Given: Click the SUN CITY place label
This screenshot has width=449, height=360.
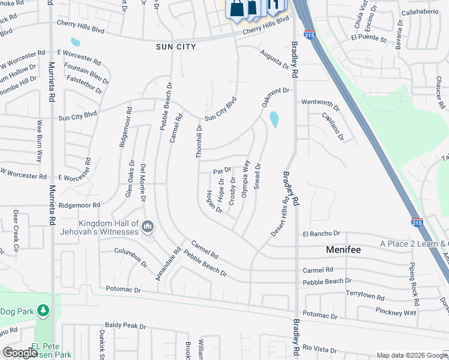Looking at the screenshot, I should pyautogui.click(x=176, y=46).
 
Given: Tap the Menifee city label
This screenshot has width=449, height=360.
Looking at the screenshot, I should pyautogui.click(x=343, y=249).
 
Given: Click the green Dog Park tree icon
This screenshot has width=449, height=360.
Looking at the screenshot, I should pyautogui.click(x=43, y=310).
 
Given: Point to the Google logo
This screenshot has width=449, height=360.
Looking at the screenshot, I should pyautogui.click(x=20, y=353).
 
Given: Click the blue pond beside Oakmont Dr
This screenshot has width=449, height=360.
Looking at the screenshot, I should pyautogui.click(x=274, y=119).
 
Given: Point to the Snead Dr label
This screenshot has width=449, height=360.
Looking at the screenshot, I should pyautogui.click(x=258, y=176).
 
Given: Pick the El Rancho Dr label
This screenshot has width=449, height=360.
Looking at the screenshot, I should pyautogui.click(x=321, y=233).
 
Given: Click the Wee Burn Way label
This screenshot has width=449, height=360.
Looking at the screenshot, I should pyautogui.click(x=40, y=141).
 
